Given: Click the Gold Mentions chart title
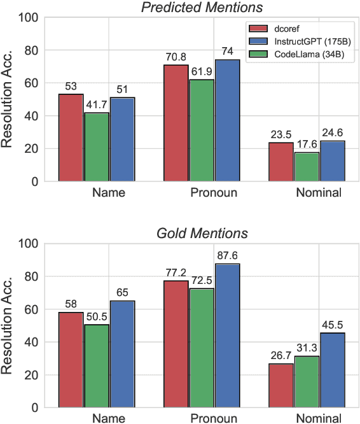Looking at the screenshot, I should point(202,233).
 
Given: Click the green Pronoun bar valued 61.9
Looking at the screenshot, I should point(202,131).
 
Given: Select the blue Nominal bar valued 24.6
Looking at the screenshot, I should point(332,161).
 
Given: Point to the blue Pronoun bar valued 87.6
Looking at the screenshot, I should point(227,336).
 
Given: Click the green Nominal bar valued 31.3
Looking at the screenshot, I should point(307,382).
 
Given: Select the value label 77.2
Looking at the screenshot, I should point(176,272).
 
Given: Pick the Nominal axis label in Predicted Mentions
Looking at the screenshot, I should point(319,192).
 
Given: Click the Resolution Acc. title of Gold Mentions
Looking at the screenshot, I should point(9,325).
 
